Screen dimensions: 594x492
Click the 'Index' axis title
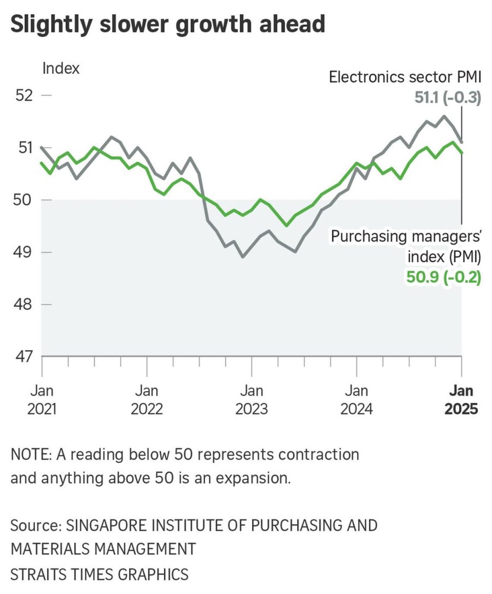tap(61, 69)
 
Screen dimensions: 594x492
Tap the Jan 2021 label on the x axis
tap(42, 400)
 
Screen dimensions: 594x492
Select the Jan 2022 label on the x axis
tap(147, 400)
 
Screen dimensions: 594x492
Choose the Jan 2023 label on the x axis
tap(251, 400)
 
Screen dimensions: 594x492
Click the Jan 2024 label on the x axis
tap(356, 400)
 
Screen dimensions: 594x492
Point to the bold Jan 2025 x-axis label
tap(461, 400)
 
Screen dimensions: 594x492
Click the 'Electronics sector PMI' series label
tap(405, 78)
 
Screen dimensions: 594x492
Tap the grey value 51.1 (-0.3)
tap(447, 98)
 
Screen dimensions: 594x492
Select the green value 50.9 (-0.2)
tap(443, 278)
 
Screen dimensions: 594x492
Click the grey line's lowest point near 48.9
tap(243, 256)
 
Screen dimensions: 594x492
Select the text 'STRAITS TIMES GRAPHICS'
tap(99, 574)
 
